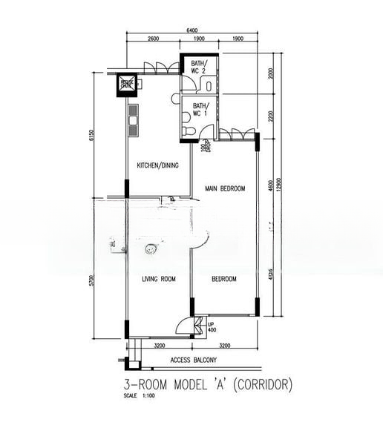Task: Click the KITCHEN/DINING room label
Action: [x=157, y=165]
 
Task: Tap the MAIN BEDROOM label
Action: [x=225, y=189]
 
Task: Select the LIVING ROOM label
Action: [x=158, y=279]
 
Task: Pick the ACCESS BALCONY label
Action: [x=193, y=360]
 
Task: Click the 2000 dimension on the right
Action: [x=272, y=73]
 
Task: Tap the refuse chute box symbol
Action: [x=127, y=85]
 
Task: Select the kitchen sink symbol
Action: [x=134, y=119]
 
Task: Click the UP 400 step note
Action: [x=212, y=326]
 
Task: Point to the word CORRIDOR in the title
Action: [x=260, y=385]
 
